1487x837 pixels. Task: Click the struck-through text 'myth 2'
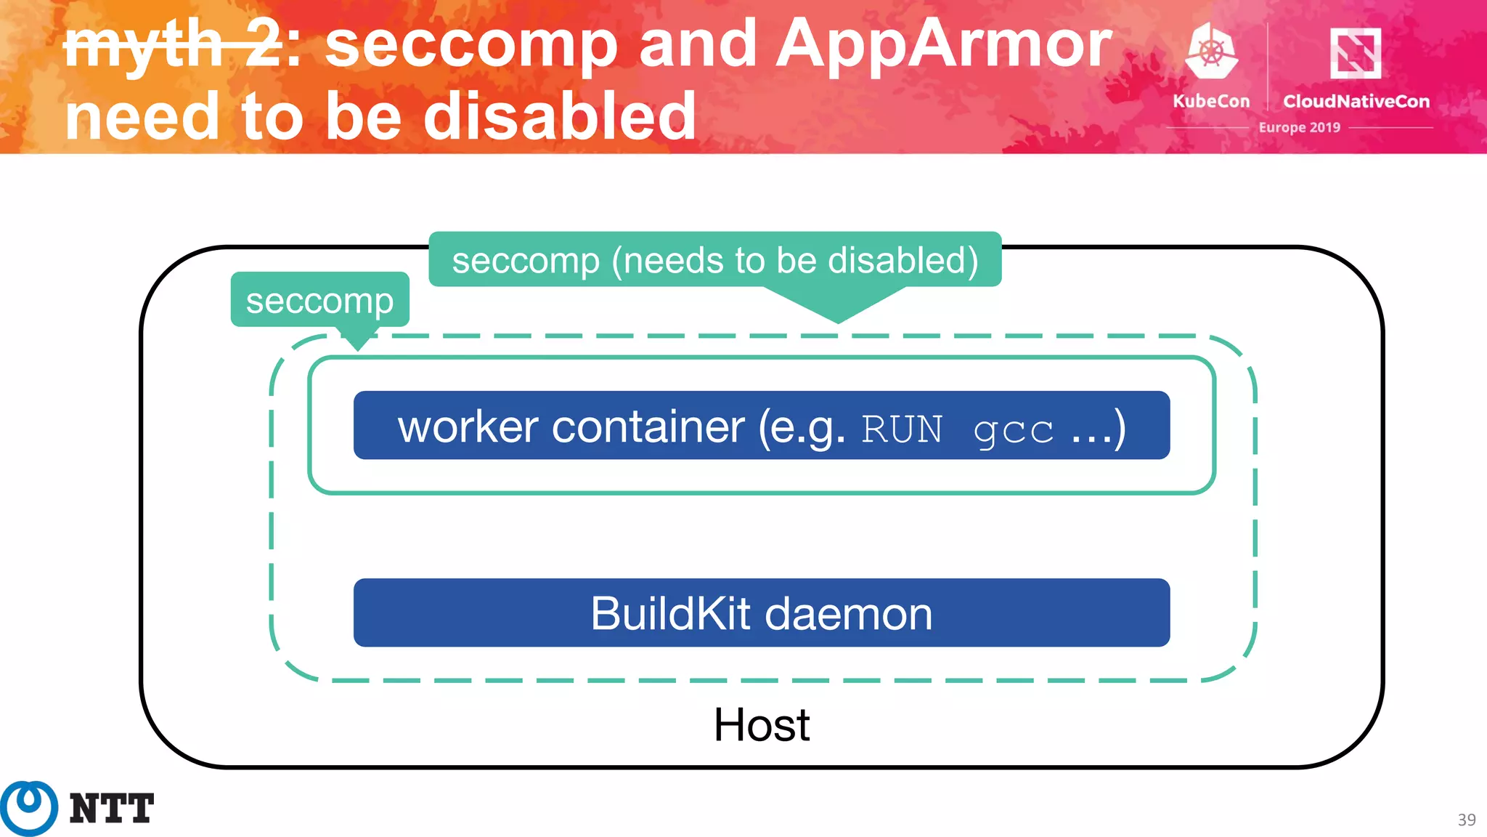pos(173,45)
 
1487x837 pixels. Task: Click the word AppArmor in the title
pos(944,45)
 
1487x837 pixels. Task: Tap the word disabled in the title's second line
pos(560,116)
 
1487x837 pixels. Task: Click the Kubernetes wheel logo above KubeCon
pos(1210,51)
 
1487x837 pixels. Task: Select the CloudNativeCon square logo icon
pos(1355,52)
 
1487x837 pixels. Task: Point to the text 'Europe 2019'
pos(1299,127)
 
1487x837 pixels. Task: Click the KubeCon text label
pos(1211,101)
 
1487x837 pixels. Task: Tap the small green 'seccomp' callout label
pos(319,300)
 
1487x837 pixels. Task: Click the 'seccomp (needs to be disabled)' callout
pos(715,260)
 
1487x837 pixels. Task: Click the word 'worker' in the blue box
pos(468,426)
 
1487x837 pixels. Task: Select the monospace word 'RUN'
pos(902,429)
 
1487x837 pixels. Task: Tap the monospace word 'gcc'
pos(1013,430)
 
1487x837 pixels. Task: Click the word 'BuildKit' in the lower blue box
pos(669,614)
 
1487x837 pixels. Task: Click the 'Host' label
pos(761,725)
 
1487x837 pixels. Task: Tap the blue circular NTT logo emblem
pos(29,807)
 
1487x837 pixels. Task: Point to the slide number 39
pos(1466,820)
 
